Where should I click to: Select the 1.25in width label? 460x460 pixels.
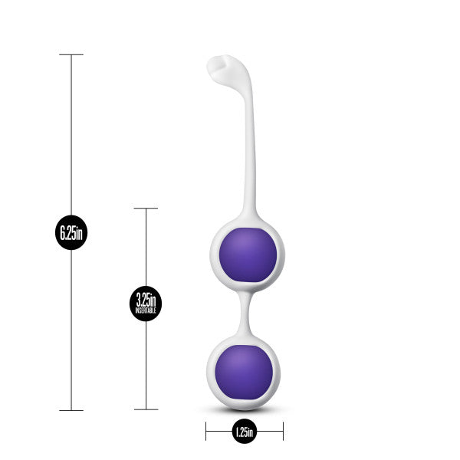coord(244,433)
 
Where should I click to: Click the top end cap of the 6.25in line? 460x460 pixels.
coord(71,54)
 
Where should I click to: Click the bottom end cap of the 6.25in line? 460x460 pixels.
coord(71,410)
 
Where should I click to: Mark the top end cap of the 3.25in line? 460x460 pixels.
coord(146,208)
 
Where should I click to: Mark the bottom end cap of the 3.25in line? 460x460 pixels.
coord(146,410)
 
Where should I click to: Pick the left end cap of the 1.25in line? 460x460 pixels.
coord(206,433)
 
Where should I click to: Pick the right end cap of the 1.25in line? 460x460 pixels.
coord(283,433)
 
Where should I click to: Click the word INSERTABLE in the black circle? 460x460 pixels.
coord(146,310)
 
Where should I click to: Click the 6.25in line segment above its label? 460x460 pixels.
coord(71,138)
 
